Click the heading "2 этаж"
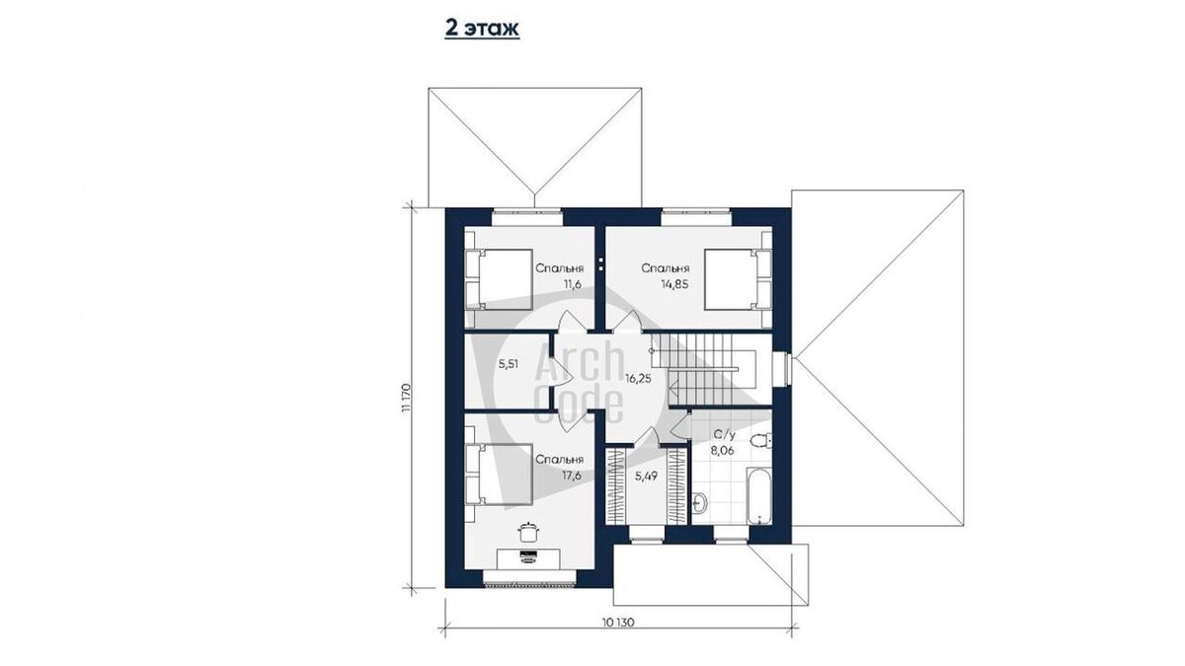(482, 29)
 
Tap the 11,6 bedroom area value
(573, 284)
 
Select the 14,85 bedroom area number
(674, 284)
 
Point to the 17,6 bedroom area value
(572, 476)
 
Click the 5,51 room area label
(509, 364)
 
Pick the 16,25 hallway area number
(638, 379)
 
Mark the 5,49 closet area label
(646, 477)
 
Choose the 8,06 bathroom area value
(722, 451)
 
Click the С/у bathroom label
(724, 435)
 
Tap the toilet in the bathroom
(761, 440)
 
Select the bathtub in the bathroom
(759, 495)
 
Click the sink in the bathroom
(700, 502)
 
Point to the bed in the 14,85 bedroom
(738, 279)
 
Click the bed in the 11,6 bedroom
(499, 279)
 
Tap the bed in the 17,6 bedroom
(499, 475)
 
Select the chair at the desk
(527, 532)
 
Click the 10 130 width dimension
(618, 623)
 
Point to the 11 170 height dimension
(406, 397)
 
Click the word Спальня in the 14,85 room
(666, 268)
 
